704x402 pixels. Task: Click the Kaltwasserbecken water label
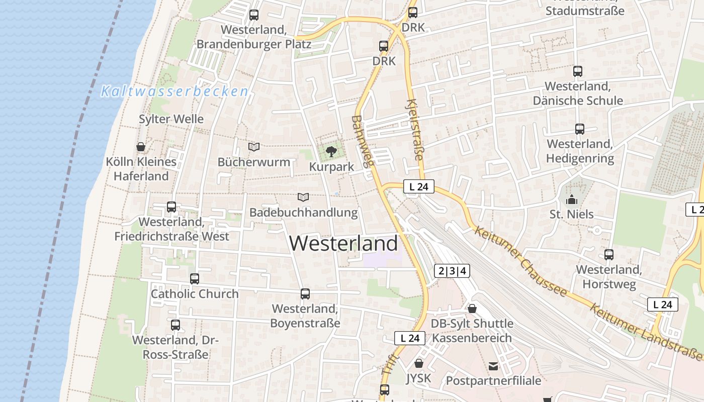175,91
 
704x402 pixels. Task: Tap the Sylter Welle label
171,119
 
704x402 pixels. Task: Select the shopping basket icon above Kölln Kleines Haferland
141,147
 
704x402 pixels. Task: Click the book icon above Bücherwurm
254,147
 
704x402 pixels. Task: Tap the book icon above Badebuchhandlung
303,197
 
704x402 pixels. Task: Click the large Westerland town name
343,244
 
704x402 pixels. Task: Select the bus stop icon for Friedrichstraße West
171,207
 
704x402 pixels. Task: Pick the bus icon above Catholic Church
195,278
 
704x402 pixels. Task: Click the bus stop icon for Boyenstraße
305,293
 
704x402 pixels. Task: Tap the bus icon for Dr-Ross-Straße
175,325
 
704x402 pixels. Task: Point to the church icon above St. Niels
571,200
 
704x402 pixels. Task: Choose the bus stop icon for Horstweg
609,255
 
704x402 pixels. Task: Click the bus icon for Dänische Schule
578,71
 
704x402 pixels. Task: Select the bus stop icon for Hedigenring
580,129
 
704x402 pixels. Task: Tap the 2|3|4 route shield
452,271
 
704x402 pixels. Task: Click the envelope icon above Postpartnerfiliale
493,366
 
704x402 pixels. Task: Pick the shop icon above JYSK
419,363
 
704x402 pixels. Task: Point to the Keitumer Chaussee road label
520,261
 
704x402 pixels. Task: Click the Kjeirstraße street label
415,130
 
